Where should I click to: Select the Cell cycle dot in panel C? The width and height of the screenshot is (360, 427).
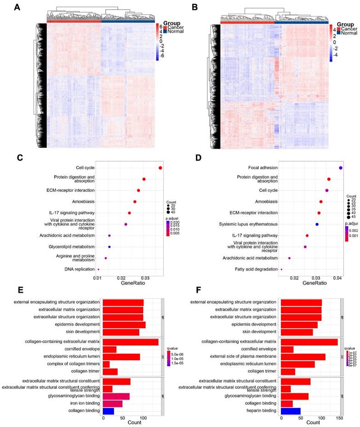click(x=160, y=168)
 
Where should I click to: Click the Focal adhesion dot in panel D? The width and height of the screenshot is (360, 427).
click(x=341, y=168)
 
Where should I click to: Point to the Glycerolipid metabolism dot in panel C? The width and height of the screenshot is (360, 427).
click(x=109, y=234)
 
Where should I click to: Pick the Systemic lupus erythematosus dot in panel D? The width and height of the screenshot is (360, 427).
click(x=317, y=224)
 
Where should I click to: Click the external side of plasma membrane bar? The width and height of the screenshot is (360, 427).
click(x=303, y=357)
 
